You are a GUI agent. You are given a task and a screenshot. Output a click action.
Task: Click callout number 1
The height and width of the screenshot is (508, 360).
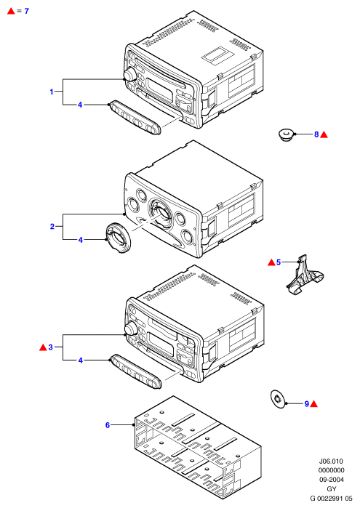click(52, 92)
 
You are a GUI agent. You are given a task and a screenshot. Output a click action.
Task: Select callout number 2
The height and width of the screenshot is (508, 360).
click(52, 227)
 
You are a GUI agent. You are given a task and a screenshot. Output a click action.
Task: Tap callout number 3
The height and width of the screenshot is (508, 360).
click(51, 347)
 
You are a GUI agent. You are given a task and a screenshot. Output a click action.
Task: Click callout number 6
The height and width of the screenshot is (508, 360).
click(108, 425)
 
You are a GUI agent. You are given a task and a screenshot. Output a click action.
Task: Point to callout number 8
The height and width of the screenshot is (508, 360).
click(316, 134)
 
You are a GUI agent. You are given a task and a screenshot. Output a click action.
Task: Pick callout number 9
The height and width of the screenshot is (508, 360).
click(307, 403)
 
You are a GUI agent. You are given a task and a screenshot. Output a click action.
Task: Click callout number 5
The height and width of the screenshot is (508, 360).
click(279, 262)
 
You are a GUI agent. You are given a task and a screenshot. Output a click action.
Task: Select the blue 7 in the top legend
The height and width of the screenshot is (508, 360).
click(27, 11)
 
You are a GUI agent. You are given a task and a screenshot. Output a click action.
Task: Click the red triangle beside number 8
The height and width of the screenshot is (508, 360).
click(324, 134)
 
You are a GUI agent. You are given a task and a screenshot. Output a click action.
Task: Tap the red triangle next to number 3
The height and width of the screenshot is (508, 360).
click(43, 347)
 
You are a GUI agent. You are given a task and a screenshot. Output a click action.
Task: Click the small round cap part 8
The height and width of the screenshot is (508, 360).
click(286, 134)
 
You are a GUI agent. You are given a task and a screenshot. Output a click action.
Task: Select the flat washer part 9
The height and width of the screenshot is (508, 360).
click(278, 399)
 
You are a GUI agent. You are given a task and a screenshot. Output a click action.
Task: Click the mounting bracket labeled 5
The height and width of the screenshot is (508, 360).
click(304, 276)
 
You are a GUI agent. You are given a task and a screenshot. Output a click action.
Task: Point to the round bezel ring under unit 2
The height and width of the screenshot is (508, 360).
click(119, 238)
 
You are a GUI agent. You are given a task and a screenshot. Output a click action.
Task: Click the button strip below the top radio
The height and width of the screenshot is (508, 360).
click(135, 117)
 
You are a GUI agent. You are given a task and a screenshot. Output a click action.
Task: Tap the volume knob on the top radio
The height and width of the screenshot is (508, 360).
click(129, 75)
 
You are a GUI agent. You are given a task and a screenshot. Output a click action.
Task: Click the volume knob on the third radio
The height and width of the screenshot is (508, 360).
click(131, 328)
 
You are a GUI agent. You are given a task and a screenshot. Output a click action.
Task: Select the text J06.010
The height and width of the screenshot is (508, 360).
click(331, 461)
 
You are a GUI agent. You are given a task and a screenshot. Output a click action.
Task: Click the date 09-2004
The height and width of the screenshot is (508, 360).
click(331, 480)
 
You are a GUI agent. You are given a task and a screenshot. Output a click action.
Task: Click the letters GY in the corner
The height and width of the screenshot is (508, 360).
click(331, 489)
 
